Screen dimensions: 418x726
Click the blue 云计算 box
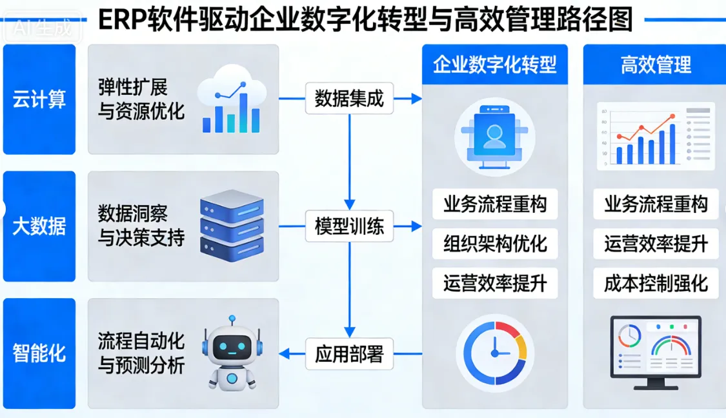click(x=39, y=99)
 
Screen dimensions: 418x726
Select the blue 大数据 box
click(x=39, y=226)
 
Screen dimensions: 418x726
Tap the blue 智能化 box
click(x=39, y=353)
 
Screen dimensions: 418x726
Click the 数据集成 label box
click(x=349, y=99)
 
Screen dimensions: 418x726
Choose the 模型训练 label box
click(x=349, y=226)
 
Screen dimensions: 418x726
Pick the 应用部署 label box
click(x=349, y=353)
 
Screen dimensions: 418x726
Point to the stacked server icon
click(x=232, y=225)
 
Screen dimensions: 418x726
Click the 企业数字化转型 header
click(x=495, y=65)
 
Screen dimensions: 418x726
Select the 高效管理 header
click(x=656, y=65)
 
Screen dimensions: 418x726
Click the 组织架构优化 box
click(x=495, y=244)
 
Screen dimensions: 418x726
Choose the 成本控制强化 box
click(x=656, y=283)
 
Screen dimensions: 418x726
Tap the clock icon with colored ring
click(x=495, y=353)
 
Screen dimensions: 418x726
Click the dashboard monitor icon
click(x=656, y=351)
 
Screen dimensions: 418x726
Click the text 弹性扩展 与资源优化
click(x=141, y=99)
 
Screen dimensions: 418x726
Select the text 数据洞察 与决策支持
click(x=141, y=226)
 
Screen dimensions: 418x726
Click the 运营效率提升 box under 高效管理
click(x=656, y=244)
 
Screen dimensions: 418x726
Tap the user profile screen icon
click(x=495, y=136)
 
